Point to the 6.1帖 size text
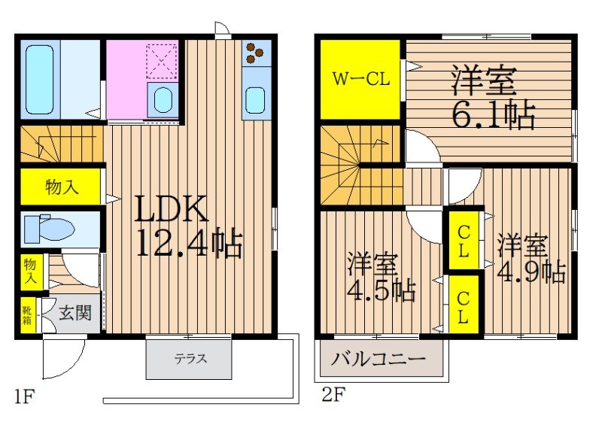(x=493, y=114)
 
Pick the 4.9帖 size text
(x=531, y=271)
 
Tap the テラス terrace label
(x=191, y=359)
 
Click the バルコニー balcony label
(x=379, y=359)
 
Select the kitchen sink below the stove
(x=256, y=99)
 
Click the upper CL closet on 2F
(x=464, y=241)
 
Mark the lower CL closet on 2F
(x=464, y=305)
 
